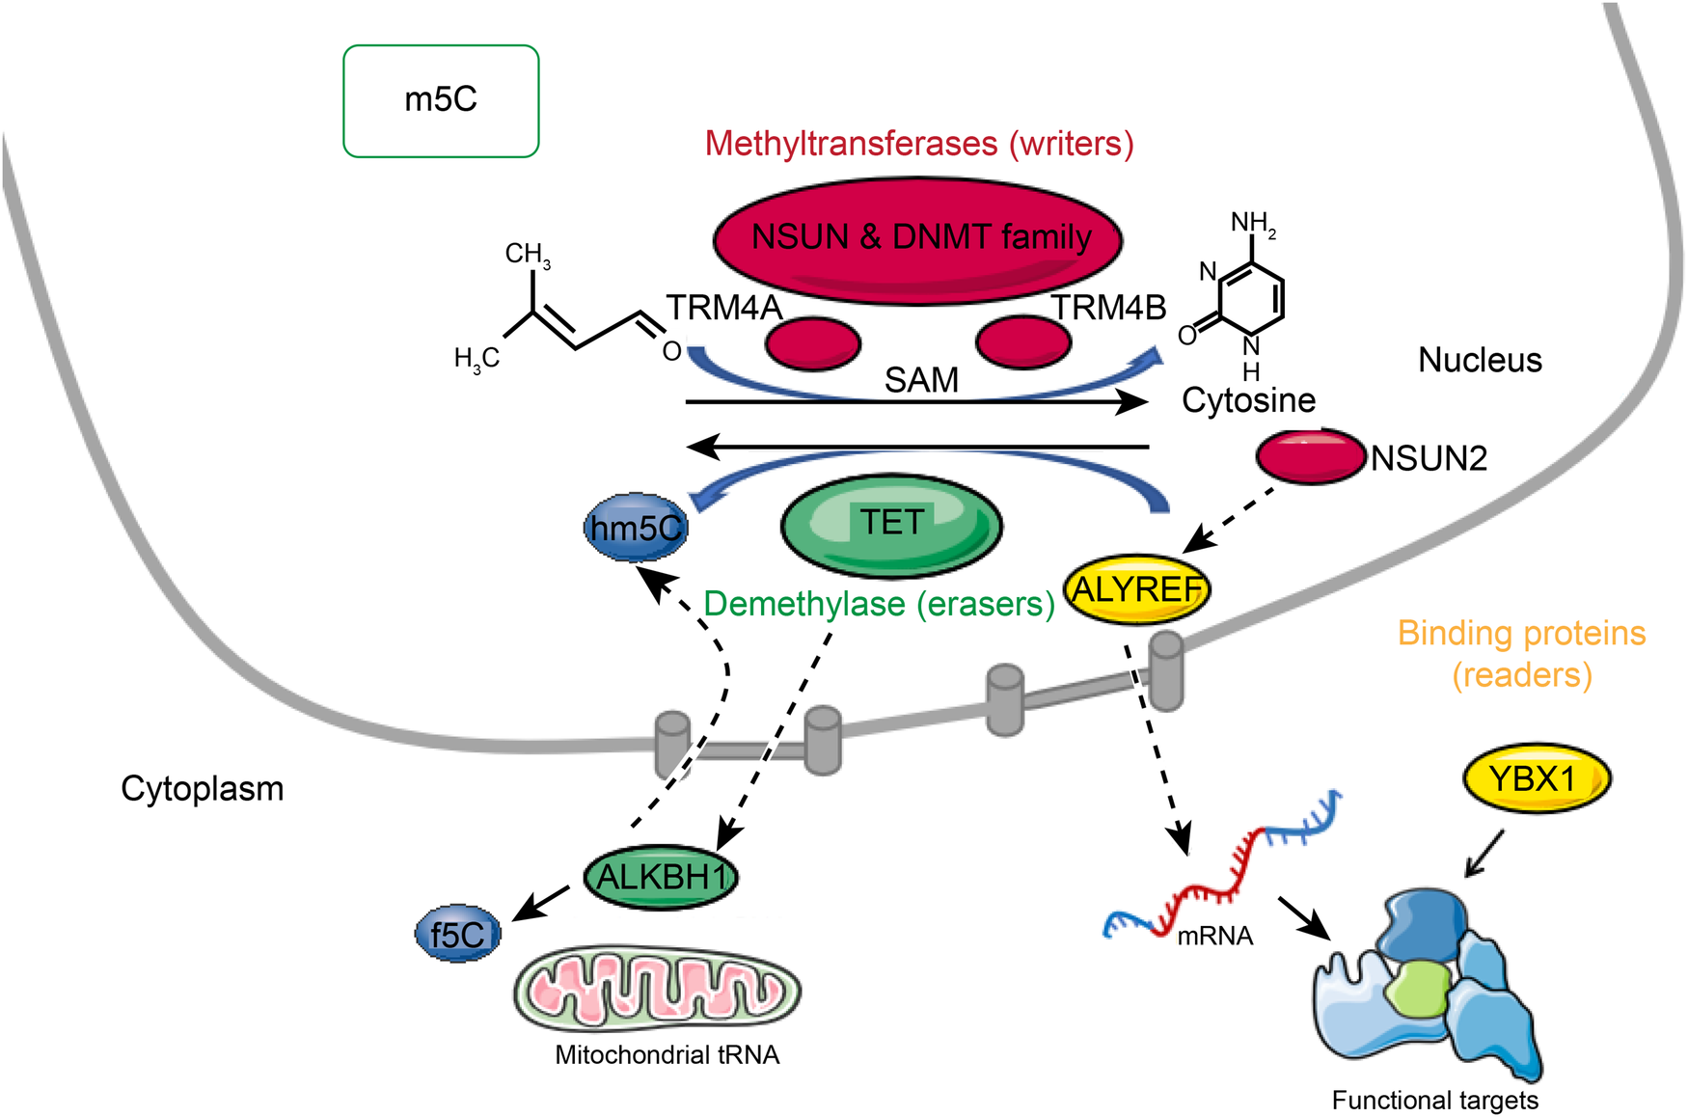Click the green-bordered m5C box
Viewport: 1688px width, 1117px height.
441,100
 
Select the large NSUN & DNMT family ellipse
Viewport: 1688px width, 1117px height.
917,239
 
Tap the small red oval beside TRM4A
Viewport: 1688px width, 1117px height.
812,343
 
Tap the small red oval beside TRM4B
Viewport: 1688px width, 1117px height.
1022,341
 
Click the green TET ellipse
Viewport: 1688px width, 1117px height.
891,526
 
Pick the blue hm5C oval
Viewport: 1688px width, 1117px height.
636,528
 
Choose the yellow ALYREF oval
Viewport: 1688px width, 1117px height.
1136,588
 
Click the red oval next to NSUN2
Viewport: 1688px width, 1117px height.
1310,456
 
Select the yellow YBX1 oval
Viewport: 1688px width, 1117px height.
1536,777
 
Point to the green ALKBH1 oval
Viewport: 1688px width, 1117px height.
662,877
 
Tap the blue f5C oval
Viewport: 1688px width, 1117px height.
457,935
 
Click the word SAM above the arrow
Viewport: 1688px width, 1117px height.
921,380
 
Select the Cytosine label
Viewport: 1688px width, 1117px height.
1248,399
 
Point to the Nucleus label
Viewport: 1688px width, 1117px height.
1479,360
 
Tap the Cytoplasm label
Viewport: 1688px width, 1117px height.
202,788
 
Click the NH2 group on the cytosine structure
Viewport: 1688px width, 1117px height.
1252,224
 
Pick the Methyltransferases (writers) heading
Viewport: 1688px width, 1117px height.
918,144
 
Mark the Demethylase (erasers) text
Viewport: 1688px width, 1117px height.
879,604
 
